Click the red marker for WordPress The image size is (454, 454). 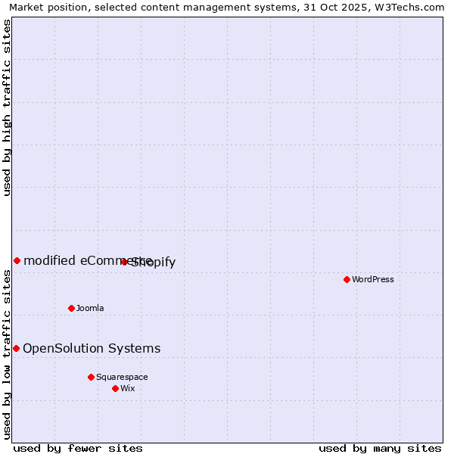[347, 279]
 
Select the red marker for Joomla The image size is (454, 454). [72, 308]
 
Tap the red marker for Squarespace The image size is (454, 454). [91, 377]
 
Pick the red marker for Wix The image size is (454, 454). [115, 388]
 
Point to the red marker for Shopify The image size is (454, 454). [124, 262]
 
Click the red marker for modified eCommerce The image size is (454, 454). [17, 260]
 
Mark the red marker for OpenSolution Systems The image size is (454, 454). [16, 348]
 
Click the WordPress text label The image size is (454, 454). [373, 279]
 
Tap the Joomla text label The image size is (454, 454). [90, 308]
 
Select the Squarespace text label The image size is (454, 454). [122, 377]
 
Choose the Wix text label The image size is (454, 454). [128, 388]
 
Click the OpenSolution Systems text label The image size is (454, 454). [92, 348]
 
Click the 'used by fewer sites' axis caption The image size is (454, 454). [78, 448]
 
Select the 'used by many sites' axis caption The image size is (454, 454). [380, 448]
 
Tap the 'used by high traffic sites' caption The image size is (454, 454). [8, 107]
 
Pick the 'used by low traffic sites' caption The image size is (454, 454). [8, 353]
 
